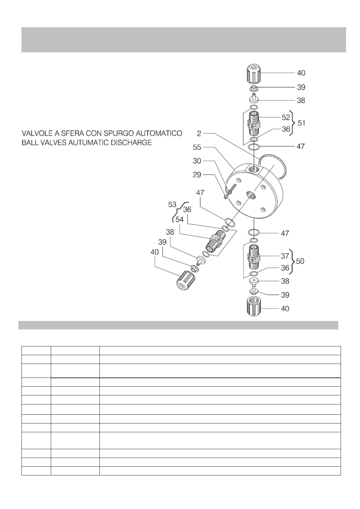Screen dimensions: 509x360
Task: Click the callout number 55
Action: click(197, 147)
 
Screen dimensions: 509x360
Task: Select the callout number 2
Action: click(199, 133)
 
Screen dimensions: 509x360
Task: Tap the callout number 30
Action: click(197, 161)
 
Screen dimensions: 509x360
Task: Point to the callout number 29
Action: click(197, 175)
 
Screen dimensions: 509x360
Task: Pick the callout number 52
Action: click(286, 118)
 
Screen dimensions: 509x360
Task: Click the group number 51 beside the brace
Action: click(301, 123)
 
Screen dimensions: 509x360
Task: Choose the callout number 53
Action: click(172, 205)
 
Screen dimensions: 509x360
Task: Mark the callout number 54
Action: click(180, 219)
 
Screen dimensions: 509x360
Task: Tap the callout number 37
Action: click(285, 256)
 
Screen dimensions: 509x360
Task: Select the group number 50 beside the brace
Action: click(300, 261)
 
